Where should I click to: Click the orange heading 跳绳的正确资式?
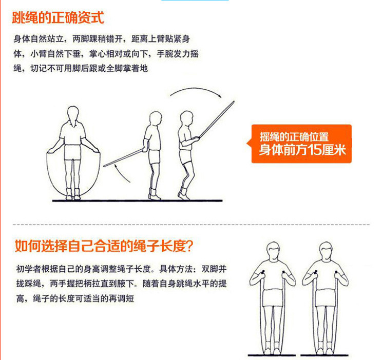pyautogui.click(x=58, y=18)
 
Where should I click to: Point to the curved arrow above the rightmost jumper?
pyautogui.click(x=195, y=92)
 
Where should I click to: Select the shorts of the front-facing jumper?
pyautogui.click(x=72, y=152)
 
